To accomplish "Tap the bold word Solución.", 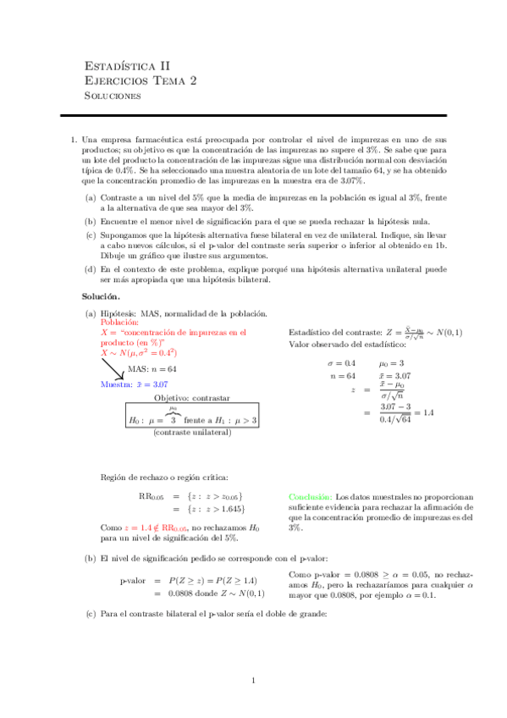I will (x=101, y=297).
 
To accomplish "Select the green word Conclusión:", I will (x=311, y=496).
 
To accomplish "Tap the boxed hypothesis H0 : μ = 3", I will (x=152, y=419).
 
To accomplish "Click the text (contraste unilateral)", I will (x=190, y=432).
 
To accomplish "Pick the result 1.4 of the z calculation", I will (x=427, y=412).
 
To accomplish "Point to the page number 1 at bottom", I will (x=253, y=681).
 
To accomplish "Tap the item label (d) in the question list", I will (x=90, y=269).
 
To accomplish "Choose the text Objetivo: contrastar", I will (x=190, y=397).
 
